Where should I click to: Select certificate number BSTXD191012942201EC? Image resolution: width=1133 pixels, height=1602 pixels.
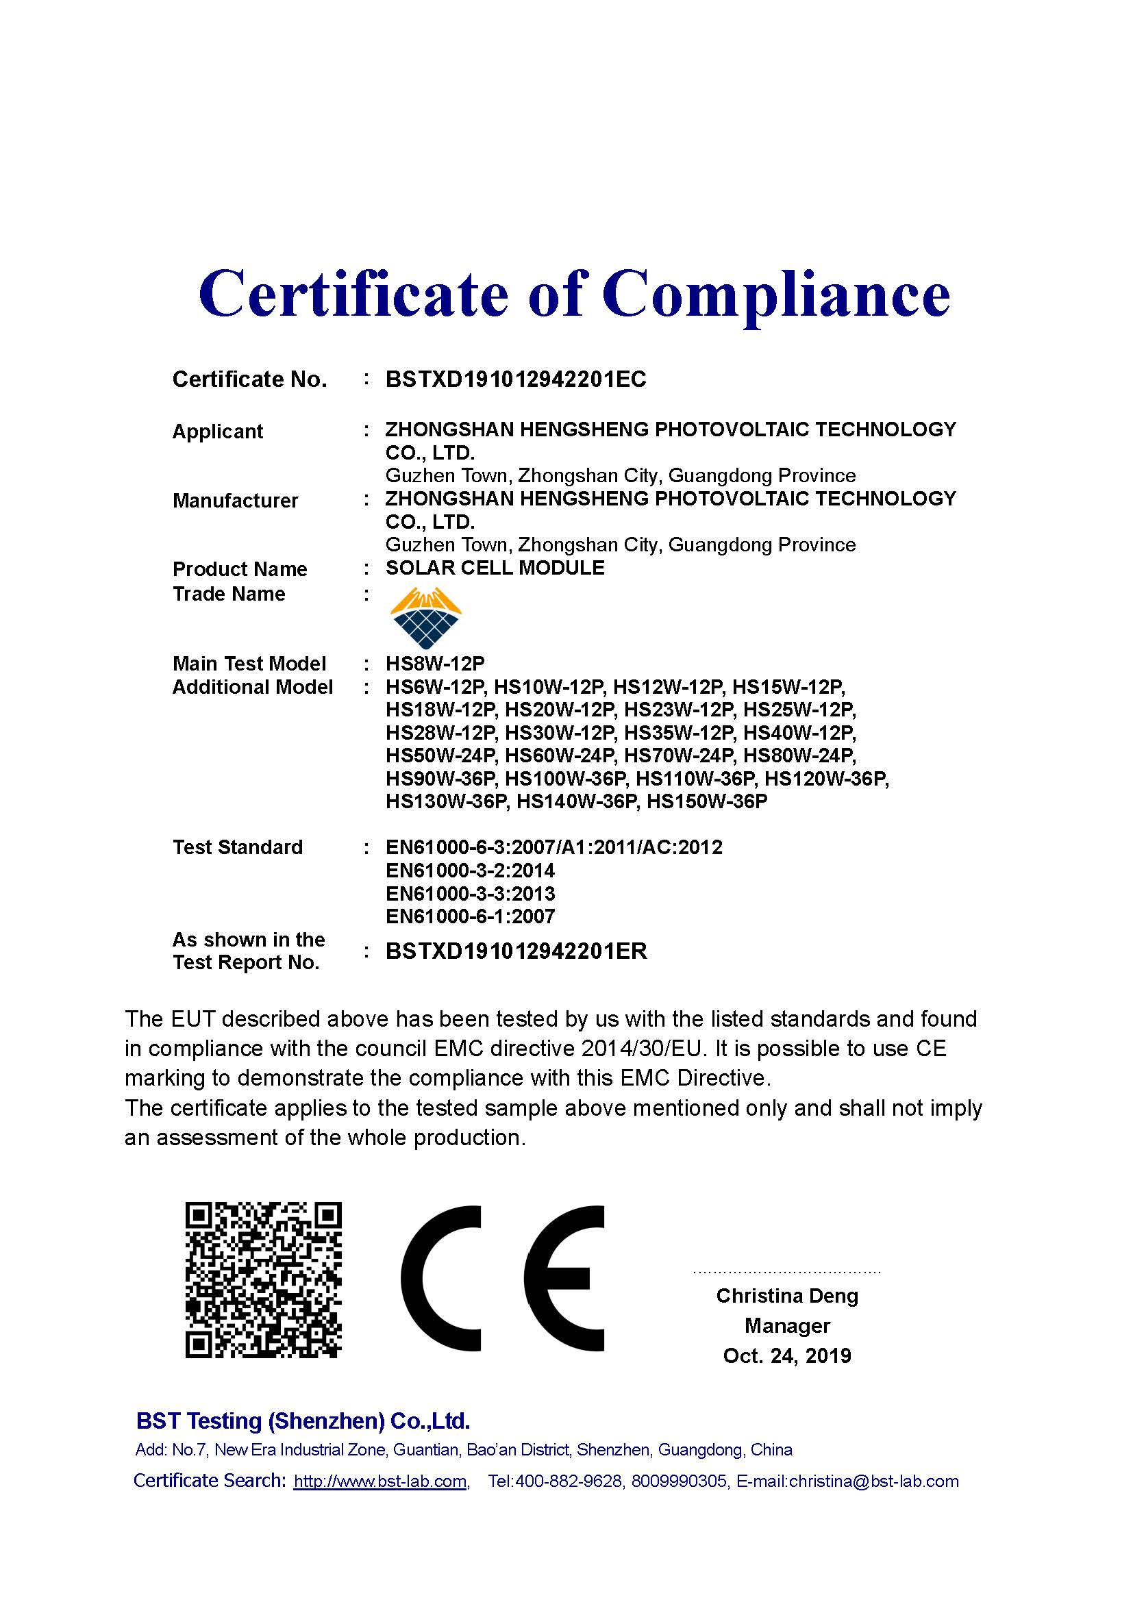coord(516,379)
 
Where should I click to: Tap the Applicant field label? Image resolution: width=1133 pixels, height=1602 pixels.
coord(218,431)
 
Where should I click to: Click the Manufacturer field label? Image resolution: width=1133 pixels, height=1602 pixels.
coord(235,500)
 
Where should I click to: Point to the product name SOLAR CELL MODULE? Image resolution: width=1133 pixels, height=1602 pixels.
coord(495,568)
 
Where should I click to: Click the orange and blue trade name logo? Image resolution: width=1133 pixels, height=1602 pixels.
coord(425,618)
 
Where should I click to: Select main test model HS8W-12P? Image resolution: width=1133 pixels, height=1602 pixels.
coord(435,663)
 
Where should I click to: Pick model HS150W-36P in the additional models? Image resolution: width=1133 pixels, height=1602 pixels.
coord(707,801)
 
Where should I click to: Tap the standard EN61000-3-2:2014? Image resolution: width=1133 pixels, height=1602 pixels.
coord(470,871)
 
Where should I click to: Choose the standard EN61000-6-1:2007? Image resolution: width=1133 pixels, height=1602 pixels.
coord(470,916)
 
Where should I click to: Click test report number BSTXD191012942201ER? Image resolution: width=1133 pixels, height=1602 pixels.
coord(516,951)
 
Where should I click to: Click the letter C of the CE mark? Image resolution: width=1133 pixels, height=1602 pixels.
coord(443,1277)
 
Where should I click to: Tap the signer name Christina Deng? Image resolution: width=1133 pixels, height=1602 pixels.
coord(787,1296)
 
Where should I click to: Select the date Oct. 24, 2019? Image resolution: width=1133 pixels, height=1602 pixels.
coord(787,1355)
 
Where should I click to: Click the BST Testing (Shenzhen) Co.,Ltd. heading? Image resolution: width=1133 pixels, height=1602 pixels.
coord(303,1420)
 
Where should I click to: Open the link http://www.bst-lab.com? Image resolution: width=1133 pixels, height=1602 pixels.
coord(380,1481)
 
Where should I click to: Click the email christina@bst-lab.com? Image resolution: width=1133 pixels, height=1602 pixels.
coord(873,1481)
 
